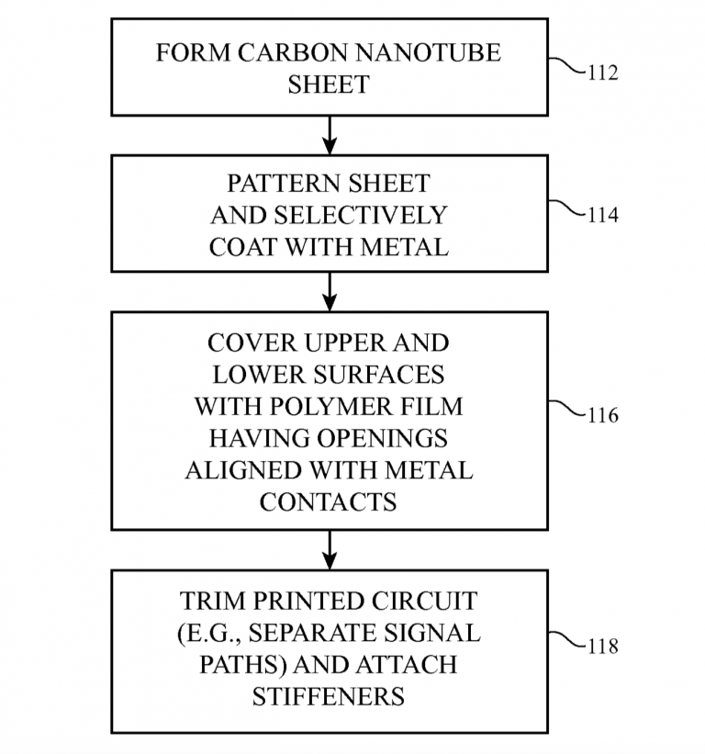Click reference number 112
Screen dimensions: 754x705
point(602,73)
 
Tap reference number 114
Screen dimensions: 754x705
point(602,216)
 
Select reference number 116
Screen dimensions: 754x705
point(602,415)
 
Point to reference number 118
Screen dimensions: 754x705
point(602,647)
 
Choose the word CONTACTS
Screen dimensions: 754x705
point(328,502)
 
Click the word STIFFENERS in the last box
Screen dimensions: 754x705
point(328,697)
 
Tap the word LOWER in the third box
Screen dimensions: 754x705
point(258,375)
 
